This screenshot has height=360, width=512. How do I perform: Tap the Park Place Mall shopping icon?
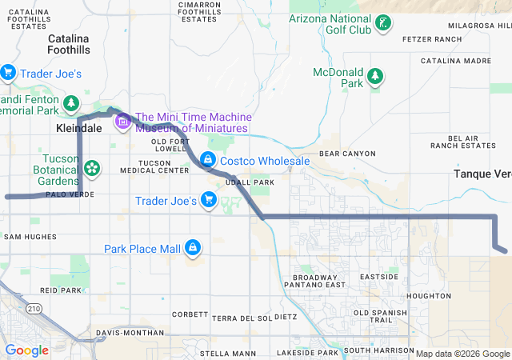tap(192, 249)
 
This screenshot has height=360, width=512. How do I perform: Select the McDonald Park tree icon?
tap(374, 77)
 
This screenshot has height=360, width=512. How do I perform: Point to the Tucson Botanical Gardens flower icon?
tap(92, 168)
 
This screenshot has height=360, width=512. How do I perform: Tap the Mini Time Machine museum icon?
tap(123, 122)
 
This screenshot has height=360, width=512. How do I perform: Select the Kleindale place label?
tap(78, 127)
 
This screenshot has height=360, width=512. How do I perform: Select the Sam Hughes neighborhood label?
tap(30, 237)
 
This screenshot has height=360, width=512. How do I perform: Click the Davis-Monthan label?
tap(124, 332)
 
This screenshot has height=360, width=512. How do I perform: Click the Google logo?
tap(27, 350)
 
